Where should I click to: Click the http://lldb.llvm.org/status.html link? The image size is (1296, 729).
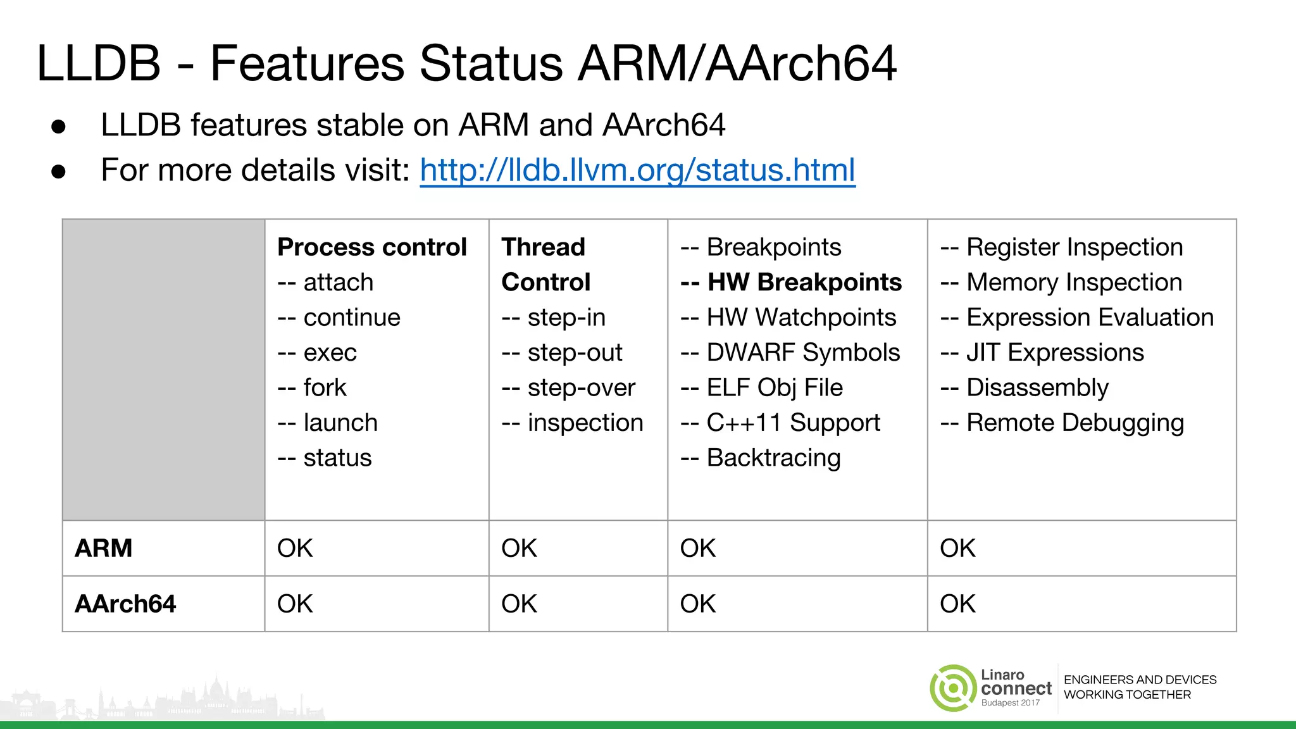[x=637, y=171]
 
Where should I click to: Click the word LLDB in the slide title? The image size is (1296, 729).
[x=99, y=64]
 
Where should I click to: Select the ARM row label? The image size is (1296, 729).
[x=104, y=548]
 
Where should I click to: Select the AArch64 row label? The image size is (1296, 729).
[x=125, y=604]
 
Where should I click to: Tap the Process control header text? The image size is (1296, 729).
[x=371, y=247]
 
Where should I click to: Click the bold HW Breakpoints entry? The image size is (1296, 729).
[x=791, y=282]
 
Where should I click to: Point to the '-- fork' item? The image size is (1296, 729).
[x=312, y=387]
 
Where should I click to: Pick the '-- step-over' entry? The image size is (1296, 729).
[x=568, y=387]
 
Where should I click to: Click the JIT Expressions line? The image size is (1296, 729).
[x=1042, y=352]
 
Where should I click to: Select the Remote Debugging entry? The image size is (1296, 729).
[x=1061, y=423]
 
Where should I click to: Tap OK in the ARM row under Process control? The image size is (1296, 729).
[x=295, y=548]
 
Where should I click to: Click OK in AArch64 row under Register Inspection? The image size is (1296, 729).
[x=957, y=604]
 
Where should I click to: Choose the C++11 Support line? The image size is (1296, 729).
[x=780, y=423]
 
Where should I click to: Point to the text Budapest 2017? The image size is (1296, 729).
[x=1010, y=703]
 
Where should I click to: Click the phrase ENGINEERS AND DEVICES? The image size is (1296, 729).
[x=1140, y=680]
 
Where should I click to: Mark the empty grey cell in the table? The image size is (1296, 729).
[x=163, y=370]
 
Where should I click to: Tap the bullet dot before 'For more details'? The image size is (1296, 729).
[x=59, y=171]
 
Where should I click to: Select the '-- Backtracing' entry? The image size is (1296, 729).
[x=760, y=458]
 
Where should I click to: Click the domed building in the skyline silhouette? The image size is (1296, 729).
[x=216, y=692]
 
